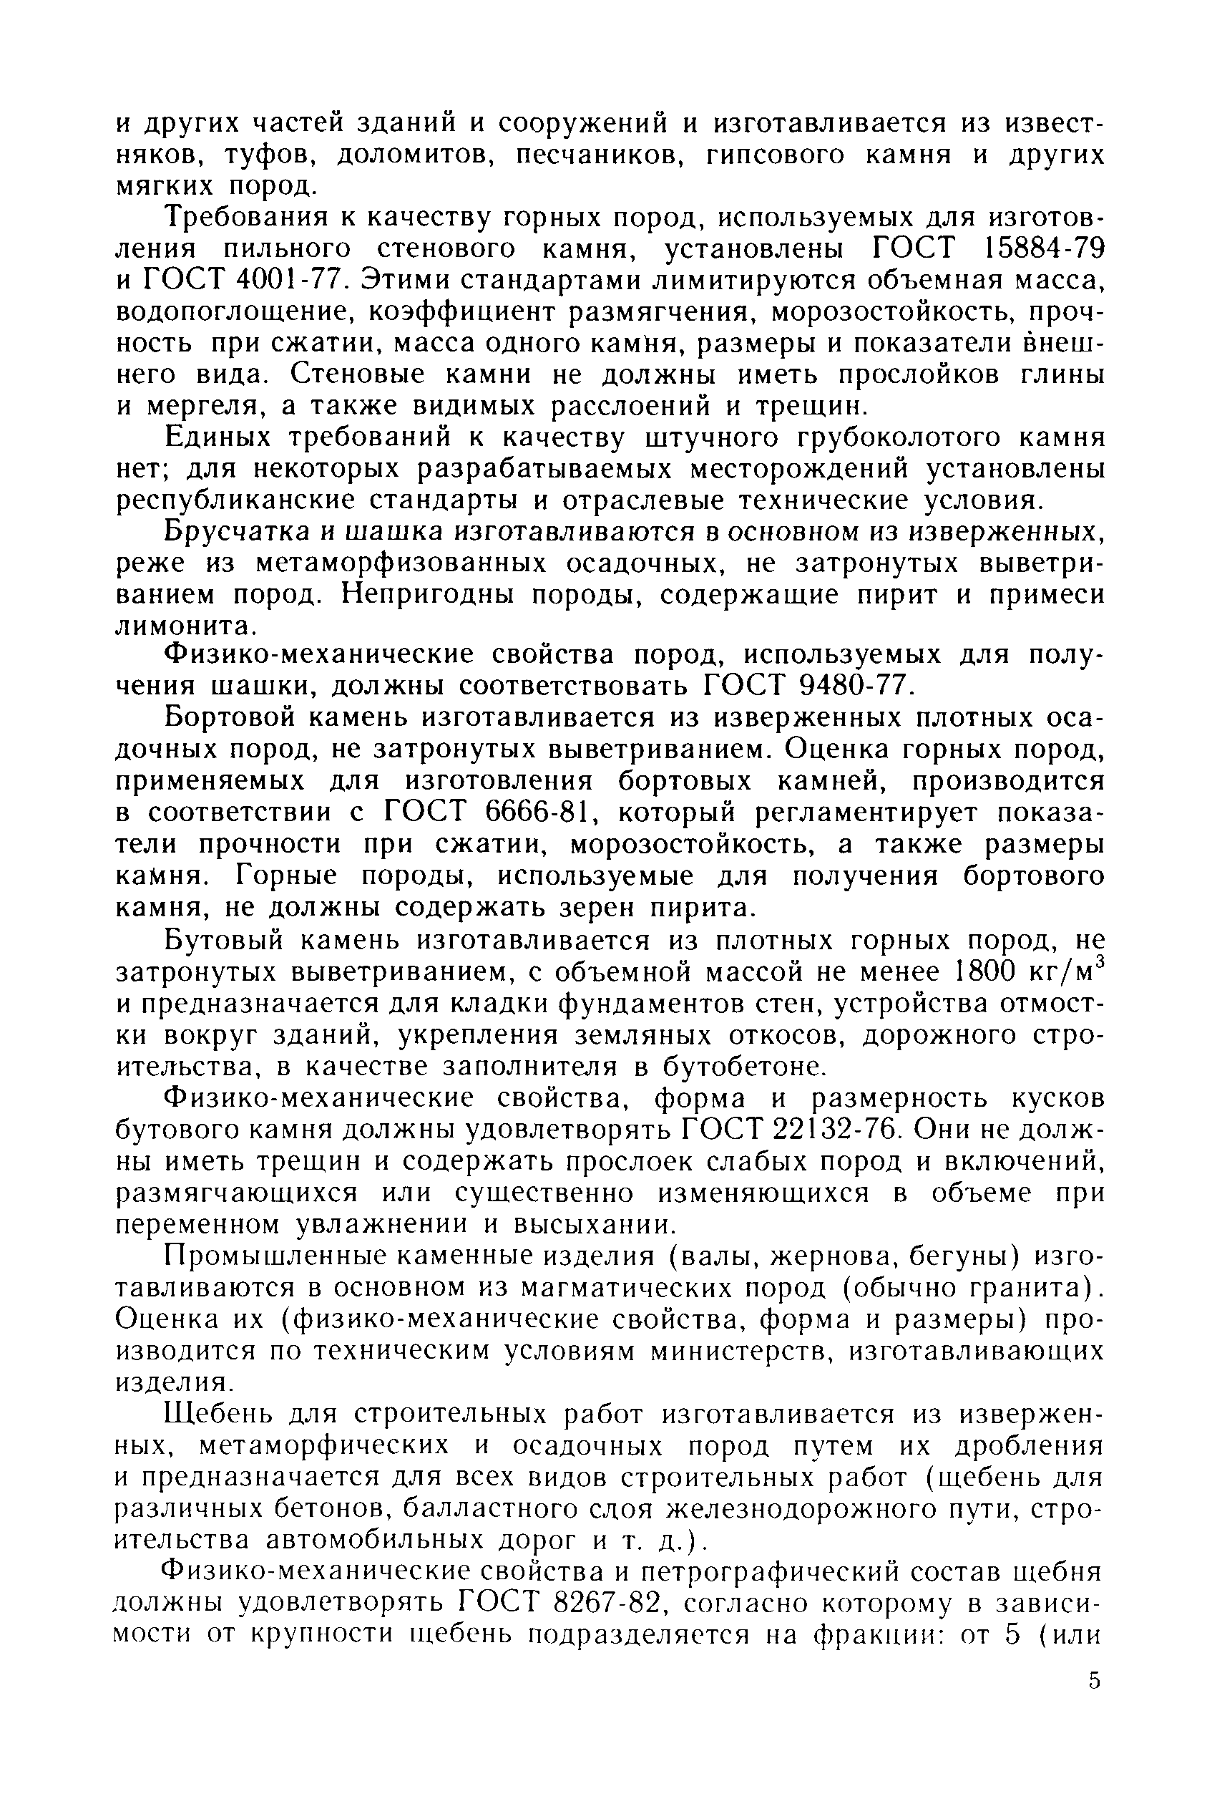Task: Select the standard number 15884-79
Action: (x=1044, y=248)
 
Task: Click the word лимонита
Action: (x=183, y=625)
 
